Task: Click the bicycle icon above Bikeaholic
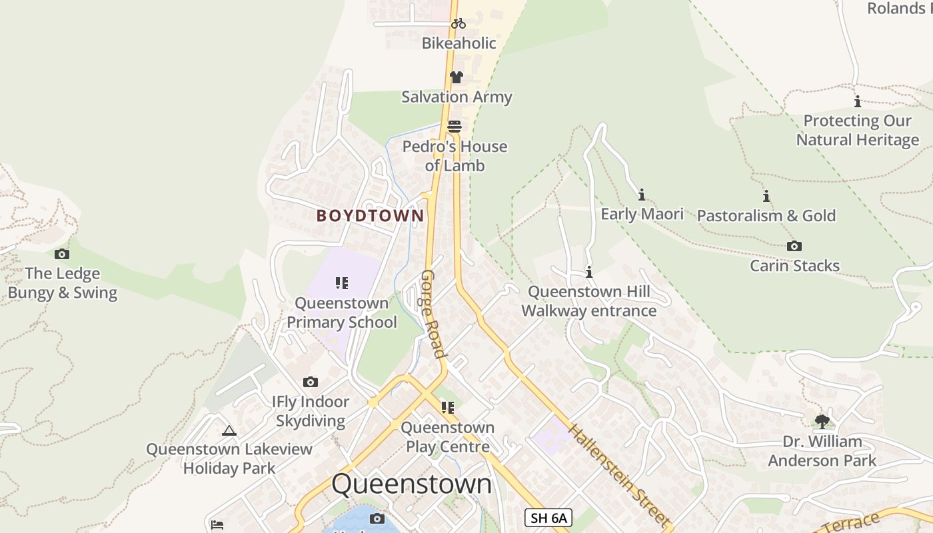click(x=458, y=23)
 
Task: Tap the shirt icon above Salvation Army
click(x=457, y=77)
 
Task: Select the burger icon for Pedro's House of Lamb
click(x=455, y=127)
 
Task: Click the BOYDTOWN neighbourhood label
click(x=370, y=216)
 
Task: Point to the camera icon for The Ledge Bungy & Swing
click(x=62, y=254)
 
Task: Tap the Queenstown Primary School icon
click(x=342, y=283)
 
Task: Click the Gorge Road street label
click(x=433, y=314)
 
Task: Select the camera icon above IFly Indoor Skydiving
click(x=311, y=382)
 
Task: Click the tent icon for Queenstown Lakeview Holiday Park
click(x=229, y=431)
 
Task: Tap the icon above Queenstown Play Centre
click(x=448, y=407)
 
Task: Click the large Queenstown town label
click(x=412, y=484)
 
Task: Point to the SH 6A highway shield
click(x=548, y=518)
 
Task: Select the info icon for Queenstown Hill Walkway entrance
click(x=589, y=272)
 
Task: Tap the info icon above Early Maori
click(x=642, y=195)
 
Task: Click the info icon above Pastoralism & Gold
click(x=766, y=196)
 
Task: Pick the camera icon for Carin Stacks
click(x=794, y=247)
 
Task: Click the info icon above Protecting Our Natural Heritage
click(x=858, y=102)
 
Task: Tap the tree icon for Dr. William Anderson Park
click(x=822, y=421)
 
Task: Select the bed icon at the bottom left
click(x=217, y=525)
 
